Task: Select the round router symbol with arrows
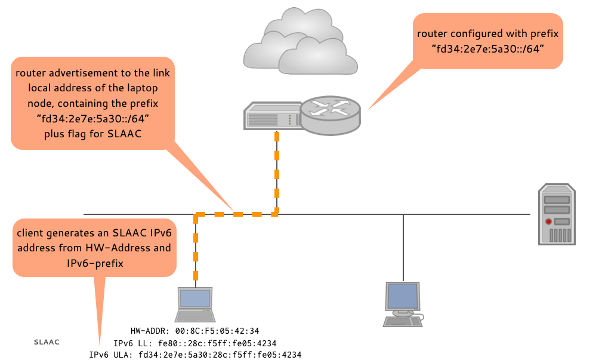(330, 114)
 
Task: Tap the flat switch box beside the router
(271, 116)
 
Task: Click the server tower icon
(557, 214)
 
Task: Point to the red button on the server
(548, 221)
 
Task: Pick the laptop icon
(195, 305)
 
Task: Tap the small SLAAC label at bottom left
(46, 342)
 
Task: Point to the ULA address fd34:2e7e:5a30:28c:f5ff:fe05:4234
(219, 355)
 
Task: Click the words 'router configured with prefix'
(487, 34)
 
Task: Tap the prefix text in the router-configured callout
(488, 50)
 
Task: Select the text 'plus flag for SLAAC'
(92, 134)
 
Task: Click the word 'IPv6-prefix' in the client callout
(95, 263)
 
